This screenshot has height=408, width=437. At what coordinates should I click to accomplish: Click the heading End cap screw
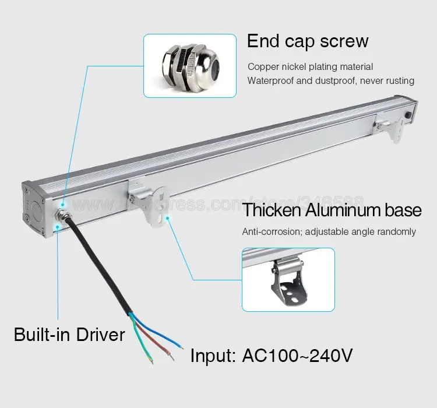[308, 42]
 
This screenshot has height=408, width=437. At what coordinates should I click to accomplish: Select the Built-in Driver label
[69, 335]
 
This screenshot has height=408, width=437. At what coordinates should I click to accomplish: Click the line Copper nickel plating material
[310, 67]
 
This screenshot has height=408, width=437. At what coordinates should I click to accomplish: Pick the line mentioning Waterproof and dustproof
[330, 80]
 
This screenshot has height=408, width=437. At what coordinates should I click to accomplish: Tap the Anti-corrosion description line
[329, 232]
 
